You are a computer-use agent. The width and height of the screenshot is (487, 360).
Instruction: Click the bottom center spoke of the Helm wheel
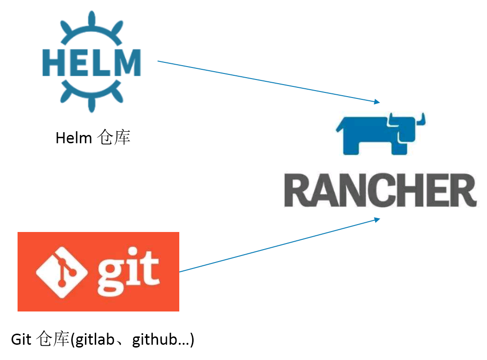point(91,104)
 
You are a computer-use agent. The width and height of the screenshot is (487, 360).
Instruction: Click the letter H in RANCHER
point(405,190)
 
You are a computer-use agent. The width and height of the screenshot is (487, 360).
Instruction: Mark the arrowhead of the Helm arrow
point(377,102)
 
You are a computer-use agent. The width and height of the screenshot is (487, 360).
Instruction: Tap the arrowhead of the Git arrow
point(377,220)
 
